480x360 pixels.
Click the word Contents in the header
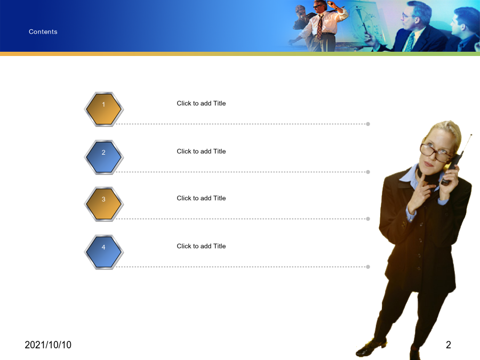[x=43, y=32]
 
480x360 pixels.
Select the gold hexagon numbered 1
[x=104, y=109]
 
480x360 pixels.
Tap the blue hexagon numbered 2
[x=104, y=157]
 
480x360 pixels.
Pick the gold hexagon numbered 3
[x=104, y=204]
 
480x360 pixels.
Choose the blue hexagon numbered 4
[x=104, y=252]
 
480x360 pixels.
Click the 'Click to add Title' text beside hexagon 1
[x=201, y=103]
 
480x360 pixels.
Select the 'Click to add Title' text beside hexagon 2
[x=201, y=151]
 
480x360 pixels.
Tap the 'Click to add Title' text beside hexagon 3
[x=201, y=198]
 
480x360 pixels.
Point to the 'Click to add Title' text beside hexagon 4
[x=201, y=246]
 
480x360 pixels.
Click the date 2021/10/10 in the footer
[x=48, y=345]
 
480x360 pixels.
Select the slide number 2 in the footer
[x=449, y=345]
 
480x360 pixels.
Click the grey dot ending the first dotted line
[x=368, y=124]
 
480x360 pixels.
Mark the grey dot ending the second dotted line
[x=368, y=172]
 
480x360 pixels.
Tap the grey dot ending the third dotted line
[x=368, y=219]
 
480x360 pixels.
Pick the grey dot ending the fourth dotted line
[x=368, y=267]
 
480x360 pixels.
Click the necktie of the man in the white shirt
[x=320, y=28]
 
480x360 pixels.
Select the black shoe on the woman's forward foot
[x=371, y=347]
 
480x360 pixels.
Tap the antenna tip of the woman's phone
[x=471, y=134]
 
